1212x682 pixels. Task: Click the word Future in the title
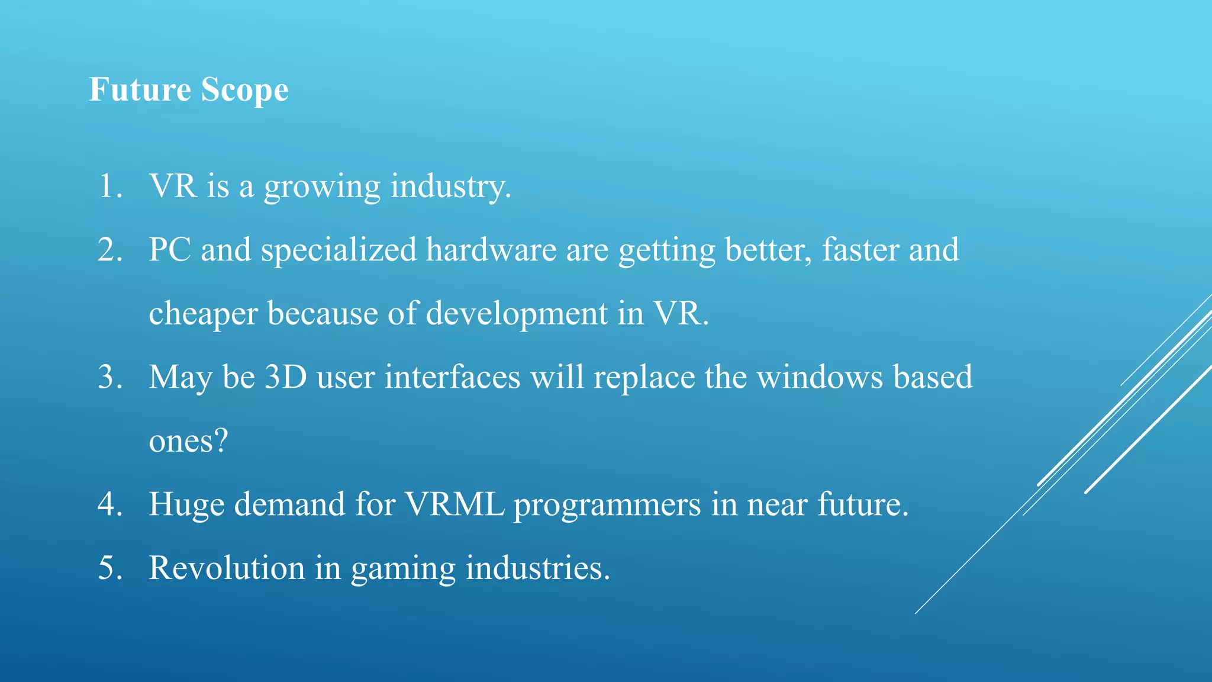point(140,90)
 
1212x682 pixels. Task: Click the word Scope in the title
point(244,91)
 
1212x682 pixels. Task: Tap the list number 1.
point(110,186)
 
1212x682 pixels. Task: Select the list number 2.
point(110,250)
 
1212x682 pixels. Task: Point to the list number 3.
point(110,377)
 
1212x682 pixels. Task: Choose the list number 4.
point(110,504)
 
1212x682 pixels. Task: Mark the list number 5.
point(110,568)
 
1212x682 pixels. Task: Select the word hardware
point(491,250)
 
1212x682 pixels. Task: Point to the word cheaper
point(203,314)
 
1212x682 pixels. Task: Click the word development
point(517,314)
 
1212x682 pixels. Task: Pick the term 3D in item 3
point(285,377)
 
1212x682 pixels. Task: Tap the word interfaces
point(452,377)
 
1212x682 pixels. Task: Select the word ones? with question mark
point(188,442)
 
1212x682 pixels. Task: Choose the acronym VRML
point(454,504)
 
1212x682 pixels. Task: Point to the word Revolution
point(227,568)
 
